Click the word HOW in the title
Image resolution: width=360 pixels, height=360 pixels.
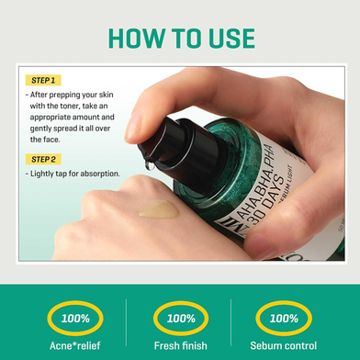[x=136, y=39]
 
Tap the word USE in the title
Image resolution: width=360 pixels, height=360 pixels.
[x=231, y=39]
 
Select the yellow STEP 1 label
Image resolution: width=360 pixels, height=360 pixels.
[x=43, y=81]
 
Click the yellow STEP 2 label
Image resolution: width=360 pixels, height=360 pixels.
[x=43, y=160]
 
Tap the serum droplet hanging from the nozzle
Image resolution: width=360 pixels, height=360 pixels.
[x=150, y=165]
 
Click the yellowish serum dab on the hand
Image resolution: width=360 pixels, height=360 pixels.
[x=158, y=209]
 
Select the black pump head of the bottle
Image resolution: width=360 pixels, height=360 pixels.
[x=181, y=152]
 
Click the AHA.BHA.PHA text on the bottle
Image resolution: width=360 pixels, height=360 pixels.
[x=256, y=180]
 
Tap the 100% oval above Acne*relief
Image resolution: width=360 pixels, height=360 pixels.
[x=75, y=319]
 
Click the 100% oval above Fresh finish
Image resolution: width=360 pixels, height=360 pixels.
[x=181, y=319]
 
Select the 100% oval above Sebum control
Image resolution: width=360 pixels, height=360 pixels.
[x=284, y=319]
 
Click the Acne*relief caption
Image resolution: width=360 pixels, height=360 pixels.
[x=75, y=346]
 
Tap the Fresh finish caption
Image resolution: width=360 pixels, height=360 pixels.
[x=181, y=346]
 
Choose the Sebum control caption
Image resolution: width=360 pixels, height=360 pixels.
[x=284, y=346]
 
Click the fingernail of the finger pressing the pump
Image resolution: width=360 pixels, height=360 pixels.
[x=133, y=125]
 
